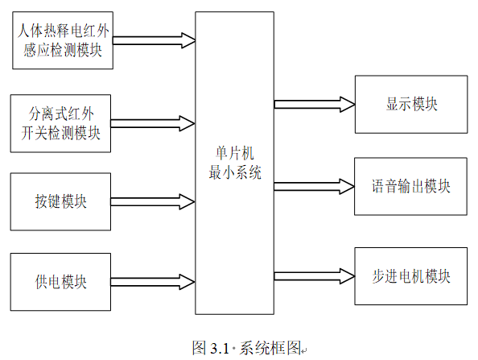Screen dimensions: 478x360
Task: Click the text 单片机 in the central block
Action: pyautogui.click(x=235, y=153)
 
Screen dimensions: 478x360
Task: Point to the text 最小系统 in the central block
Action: pyautogui.click(x=235, y=172)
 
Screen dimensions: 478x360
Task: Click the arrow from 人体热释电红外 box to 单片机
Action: pyautogui.click(x=155, y=40)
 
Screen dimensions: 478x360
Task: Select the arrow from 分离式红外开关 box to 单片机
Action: pyautogui.click(x=153, y=123)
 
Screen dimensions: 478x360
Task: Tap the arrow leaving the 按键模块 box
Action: pyautogui.click(x=153, y=201)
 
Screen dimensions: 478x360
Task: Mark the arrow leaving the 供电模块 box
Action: pyautogui.click(x=153, y=282)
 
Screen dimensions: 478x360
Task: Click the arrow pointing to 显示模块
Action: pyautogui.click(x=315, y=105)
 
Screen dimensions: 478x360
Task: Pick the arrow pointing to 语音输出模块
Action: pyautogui.click(x=315, y=186)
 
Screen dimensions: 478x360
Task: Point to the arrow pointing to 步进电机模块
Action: pyautogui.click(x=315, y=276)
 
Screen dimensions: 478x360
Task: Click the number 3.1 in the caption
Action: pyautogui.click(x=220, y=349)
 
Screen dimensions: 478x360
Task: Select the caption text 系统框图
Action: pyautogui.click(x=270, y=348)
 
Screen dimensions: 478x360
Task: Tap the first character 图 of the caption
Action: pyautogui.click(x=200, y=348)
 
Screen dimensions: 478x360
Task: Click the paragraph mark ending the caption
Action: pyautogui.click(x=304, y=351)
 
